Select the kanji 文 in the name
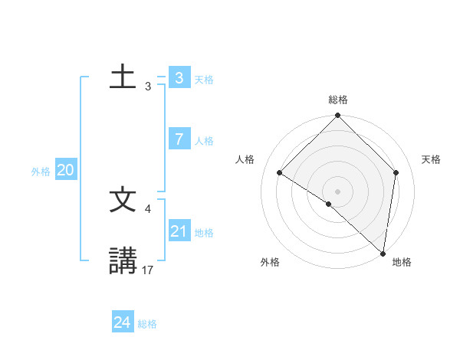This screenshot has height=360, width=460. pyautogui.click(x=123, y=201)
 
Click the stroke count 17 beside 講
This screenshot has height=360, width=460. pyautogui.click(x=148, y=270)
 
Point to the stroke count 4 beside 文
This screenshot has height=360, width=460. pyautogui.click(x=148, y=208)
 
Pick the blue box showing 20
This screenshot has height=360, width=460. pyautogui.click(x=65, y=171)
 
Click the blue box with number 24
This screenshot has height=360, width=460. pyautogui.click(x=122, y=322)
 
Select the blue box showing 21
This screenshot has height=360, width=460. pyautogui.click(x=179, y=231)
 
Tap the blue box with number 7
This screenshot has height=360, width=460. pyautogui.click(x=179, y=139)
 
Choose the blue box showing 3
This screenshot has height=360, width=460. pyautogui.click(x=179, y=77)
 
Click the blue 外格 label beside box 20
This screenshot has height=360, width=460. pyautogui.click(x=41, y=172)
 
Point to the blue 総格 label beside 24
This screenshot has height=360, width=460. pyautogui.click(x=147, y=324)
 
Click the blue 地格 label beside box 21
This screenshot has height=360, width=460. pyautogui.click(x=204, y=233)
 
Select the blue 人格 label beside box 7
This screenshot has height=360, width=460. pyautogui.click(x=204, y=141)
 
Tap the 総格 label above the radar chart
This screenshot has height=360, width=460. pyautogui.click(x=338, y=100)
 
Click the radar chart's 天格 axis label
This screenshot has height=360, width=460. pyautogui.click(x=431, y=159)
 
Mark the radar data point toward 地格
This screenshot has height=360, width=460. pyautogui.click(x=383, y=253)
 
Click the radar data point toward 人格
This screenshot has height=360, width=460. pyautogui.click(x=280, y=172)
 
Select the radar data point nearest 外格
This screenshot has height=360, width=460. pyautogui.click(x=328, y=204)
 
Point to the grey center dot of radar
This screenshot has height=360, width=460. pyautogui.click(x=338, y=191)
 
